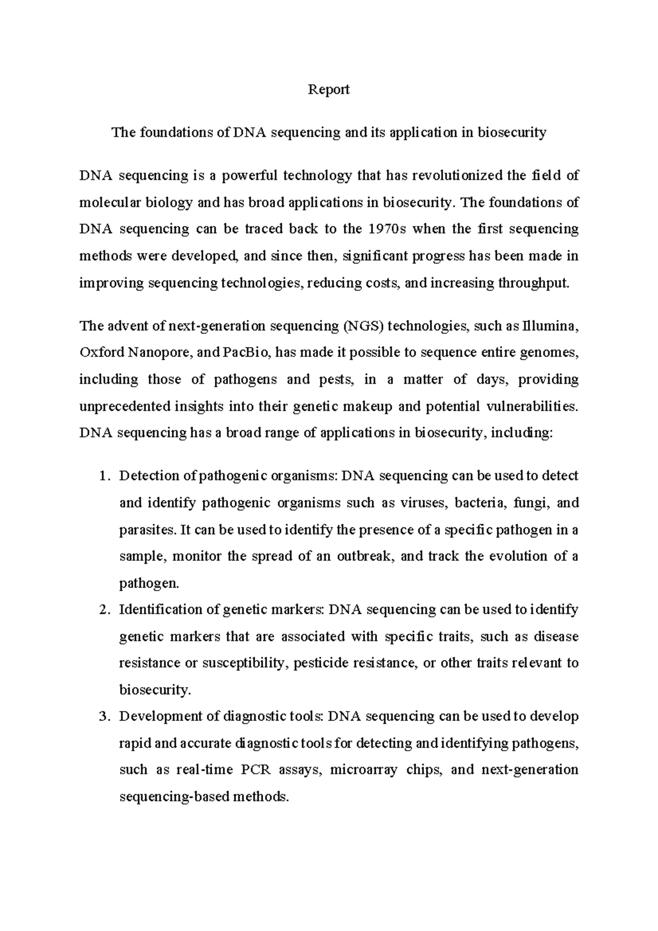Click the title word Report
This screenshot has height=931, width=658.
click(x=328, y=89)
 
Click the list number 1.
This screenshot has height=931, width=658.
click(x=104, y=476)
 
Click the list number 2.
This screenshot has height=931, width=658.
click(x=104, y=610)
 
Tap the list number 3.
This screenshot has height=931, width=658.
click(x=104, y=717)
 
